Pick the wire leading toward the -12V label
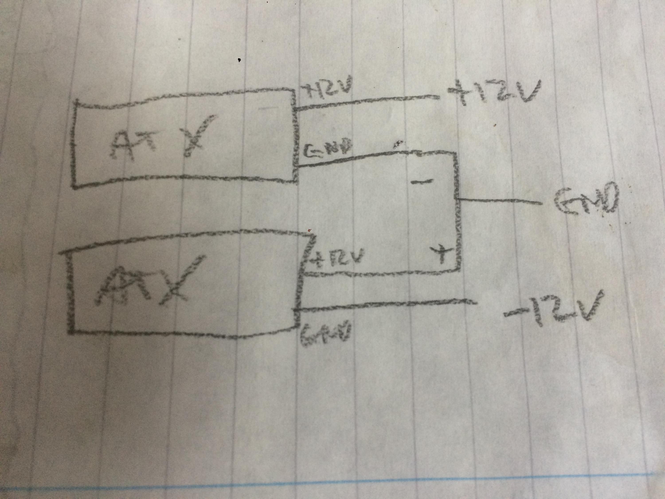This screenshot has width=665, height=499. point(385,305)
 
